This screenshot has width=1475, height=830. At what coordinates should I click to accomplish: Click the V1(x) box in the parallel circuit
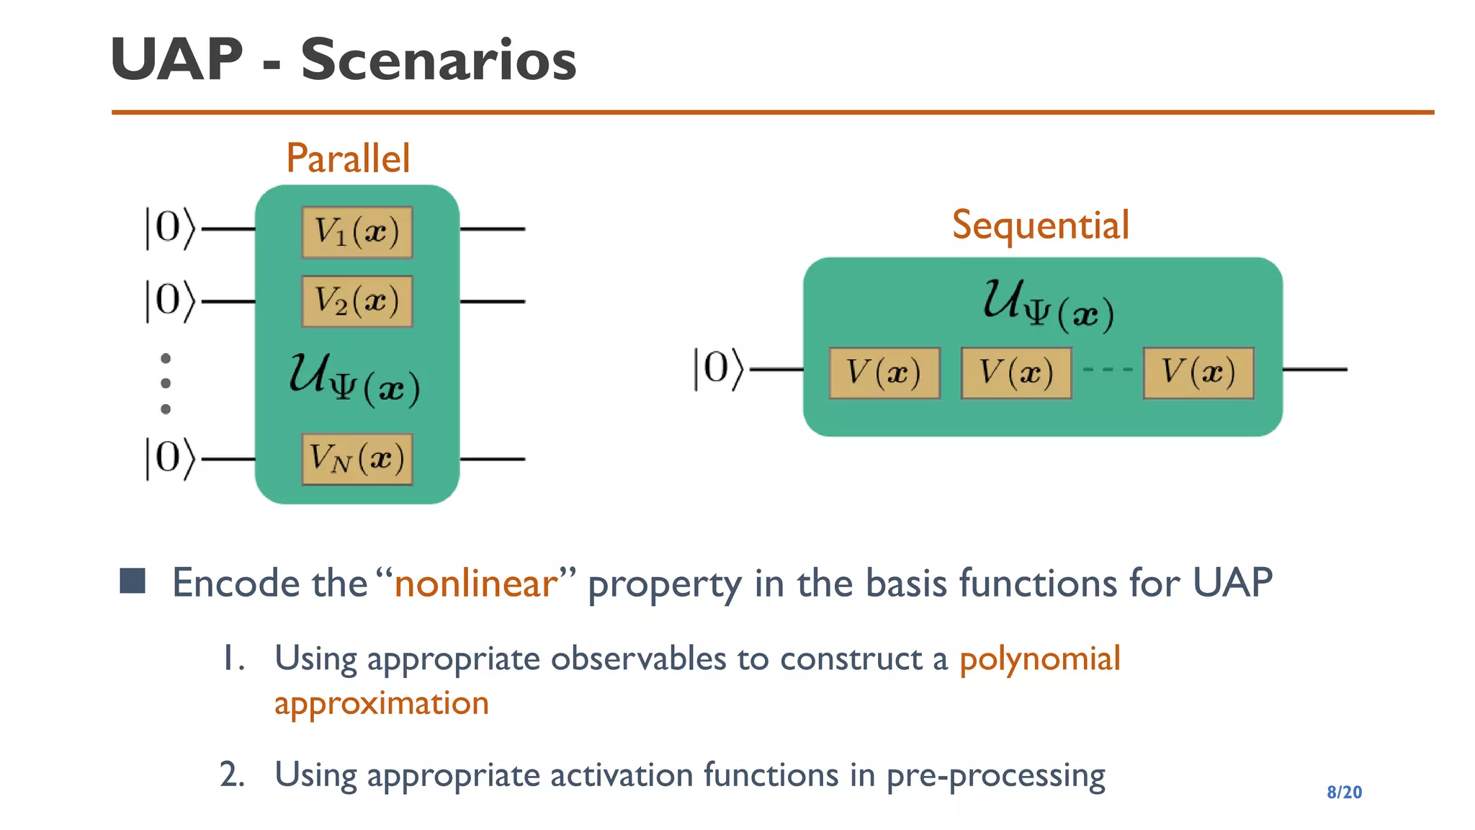[x=357, y=232]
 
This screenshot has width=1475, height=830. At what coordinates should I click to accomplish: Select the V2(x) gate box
[x=357, y=301]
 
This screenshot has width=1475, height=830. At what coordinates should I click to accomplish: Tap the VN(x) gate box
[x=357, y=459]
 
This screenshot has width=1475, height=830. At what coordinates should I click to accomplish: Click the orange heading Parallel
[x=348, y=159]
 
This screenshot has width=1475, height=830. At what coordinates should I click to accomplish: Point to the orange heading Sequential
[x=1040, y=226]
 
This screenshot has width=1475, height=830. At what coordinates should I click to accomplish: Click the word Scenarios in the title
[x=438, y=60]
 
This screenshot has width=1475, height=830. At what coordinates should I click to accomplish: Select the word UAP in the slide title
[x=177, y=60]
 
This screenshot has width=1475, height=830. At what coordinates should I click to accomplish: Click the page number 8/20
[x=1344, y=792]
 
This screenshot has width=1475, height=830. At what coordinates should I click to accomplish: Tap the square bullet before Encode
[x=133, y=581]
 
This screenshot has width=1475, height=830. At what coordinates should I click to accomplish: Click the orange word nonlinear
[x=476, y=583]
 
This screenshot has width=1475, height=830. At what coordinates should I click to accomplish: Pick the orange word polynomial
[x=1039, y=659]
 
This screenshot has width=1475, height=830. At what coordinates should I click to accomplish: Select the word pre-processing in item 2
[x=995, y=776]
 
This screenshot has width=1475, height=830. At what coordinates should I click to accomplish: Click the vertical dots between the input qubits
[x=166, y=383]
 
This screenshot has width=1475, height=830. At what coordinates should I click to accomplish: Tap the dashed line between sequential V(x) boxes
[x=1107, y=370]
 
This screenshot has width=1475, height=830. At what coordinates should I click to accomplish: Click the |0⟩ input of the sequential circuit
[x=717, y=369]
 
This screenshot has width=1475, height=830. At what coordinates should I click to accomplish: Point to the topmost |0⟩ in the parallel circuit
[x=169, y=228]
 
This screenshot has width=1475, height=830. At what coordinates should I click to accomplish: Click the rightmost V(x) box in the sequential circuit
[x=1198, y=372]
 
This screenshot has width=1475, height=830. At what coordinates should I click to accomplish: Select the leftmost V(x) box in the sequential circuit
[x=884, y=372]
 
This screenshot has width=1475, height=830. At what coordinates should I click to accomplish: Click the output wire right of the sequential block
[x=1314, y=370]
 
